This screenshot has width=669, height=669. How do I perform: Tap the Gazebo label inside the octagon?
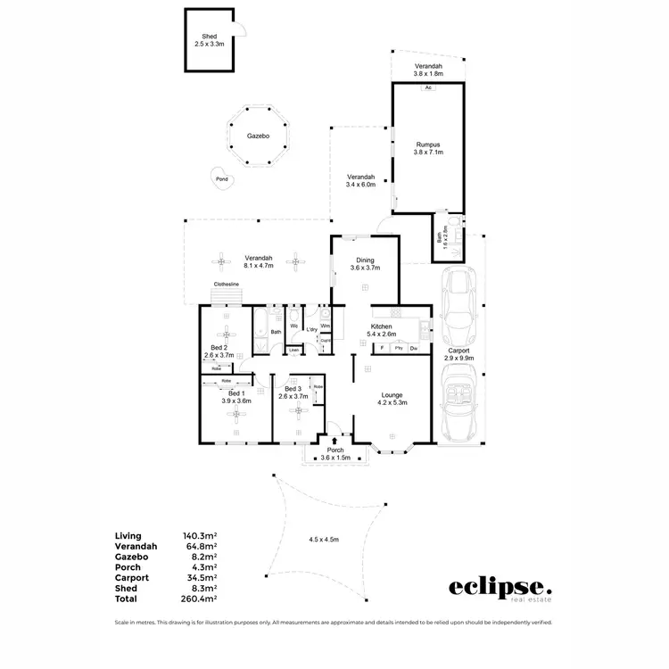(259, 137)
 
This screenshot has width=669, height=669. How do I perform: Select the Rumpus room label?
(426, 148)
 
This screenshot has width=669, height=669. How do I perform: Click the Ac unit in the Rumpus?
(428, 88)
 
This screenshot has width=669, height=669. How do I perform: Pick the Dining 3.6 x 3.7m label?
(364, 263)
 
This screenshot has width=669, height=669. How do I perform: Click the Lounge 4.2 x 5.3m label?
(392, 399)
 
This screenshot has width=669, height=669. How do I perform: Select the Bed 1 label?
(236, 397)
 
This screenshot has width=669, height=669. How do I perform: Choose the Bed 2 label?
(219, 351)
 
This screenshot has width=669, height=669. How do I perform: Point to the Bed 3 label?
(294, 393)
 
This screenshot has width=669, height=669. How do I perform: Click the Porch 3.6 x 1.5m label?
(335, 454)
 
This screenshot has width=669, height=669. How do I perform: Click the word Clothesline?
(225, 285)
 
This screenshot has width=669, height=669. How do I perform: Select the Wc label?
(293, 325)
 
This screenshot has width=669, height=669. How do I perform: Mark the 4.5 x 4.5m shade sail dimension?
(325, 539)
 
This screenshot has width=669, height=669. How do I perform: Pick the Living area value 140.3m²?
(200, 536)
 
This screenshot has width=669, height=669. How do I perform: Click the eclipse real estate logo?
(500, 590)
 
